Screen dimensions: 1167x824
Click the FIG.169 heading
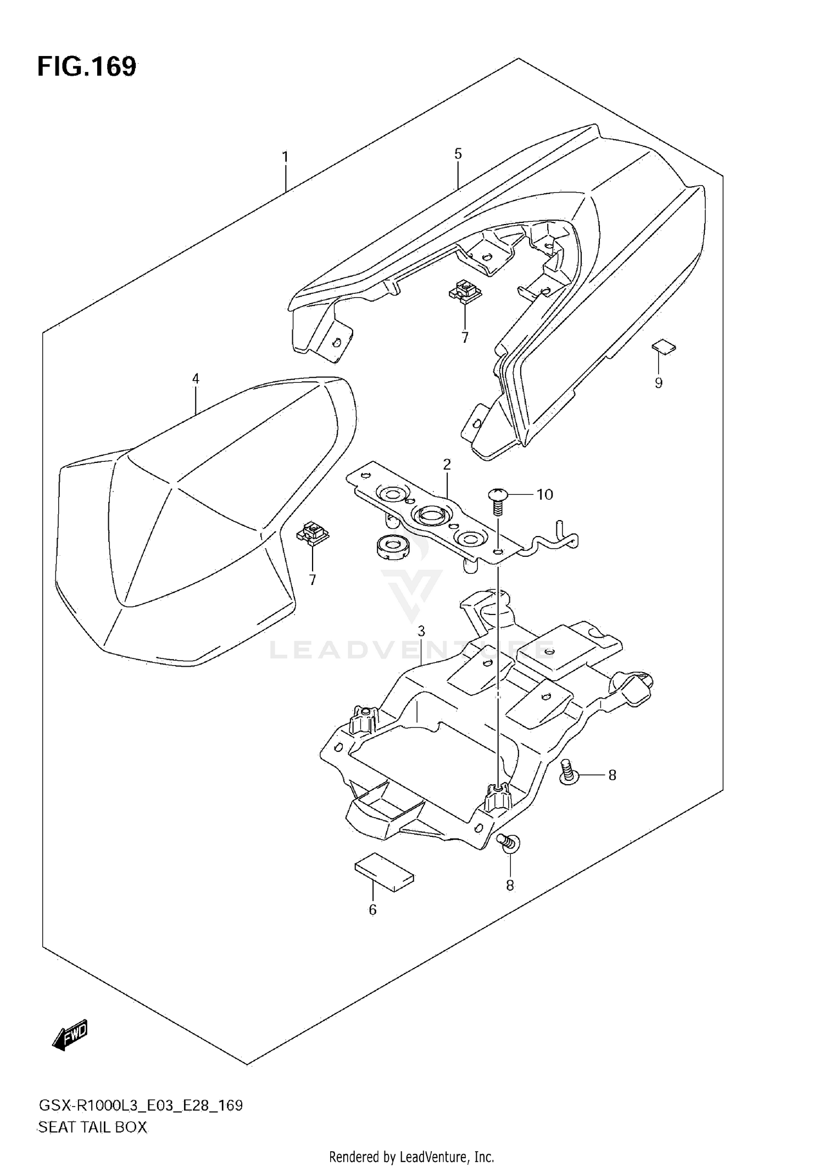coord(87,66)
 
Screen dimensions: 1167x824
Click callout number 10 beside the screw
coord(544,495)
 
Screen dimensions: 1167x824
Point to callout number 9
coord(659,383)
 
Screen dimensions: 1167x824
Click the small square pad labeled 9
coord(664,348)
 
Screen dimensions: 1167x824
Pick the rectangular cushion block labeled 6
coord(385,874)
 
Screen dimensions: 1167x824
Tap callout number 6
coord(372,910)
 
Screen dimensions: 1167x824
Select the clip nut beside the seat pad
coord(313,533)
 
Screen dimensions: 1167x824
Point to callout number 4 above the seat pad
coord(196,378)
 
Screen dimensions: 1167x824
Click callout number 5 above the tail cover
coord(458,154)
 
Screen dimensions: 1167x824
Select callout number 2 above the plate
coord(447,465)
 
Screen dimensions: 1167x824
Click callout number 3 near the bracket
coord(421,631)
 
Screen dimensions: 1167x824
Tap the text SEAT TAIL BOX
coord(92,1127)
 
